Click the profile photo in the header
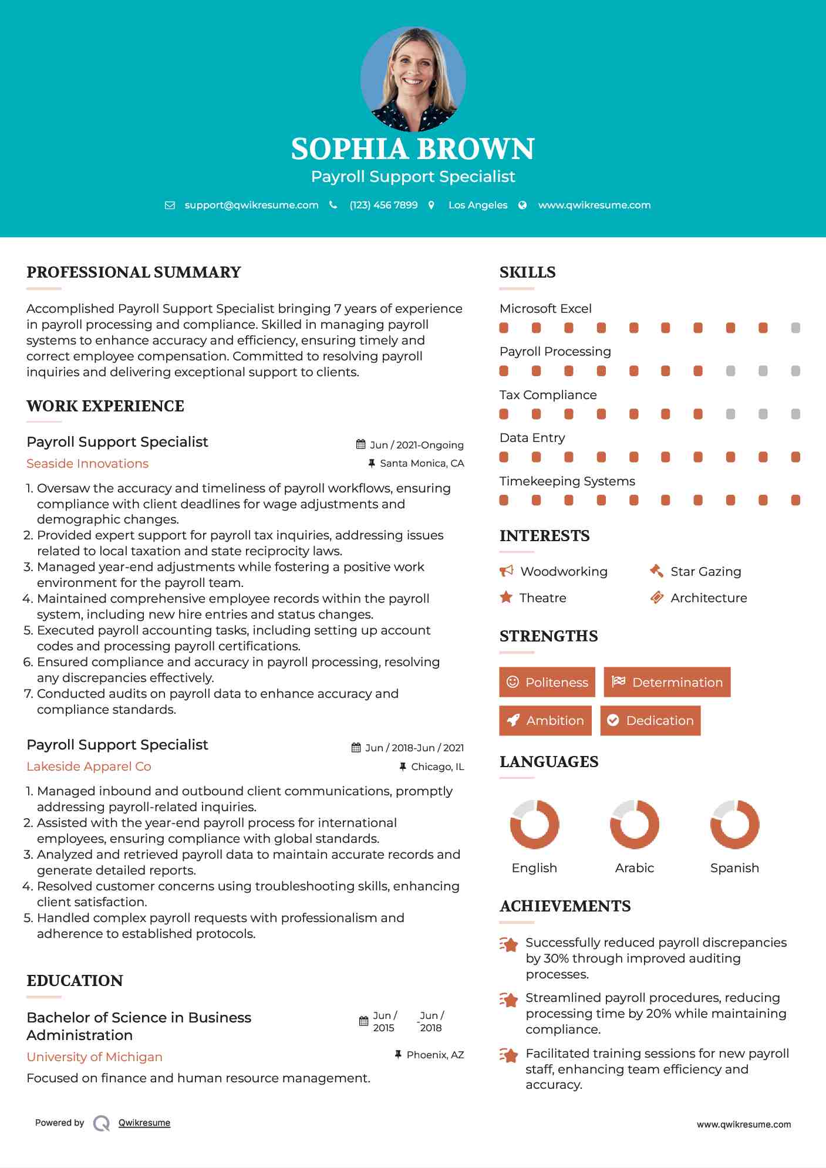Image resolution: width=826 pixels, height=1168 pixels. pos(413,79)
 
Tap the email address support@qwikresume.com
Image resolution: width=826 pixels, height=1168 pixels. pos(251,205)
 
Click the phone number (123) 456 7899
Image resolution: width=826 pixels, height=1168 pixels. pos(383,205)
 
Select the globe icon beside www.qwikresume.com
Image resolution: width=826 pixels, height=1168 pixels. pos(522,205)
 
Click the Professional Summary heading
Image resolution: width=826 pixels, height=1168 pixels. pos(134,272)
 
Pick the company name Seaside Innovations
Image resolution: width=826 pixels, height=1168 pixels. pos(87,464)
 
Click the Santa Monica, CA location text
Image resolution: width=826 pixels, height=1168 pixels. pos(422,463)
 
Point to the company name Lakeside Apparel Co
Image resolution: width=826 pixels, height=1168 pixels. pos(89,767)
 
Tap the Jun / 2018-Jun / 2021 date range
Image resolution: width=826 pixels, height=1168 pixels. pos(414,748)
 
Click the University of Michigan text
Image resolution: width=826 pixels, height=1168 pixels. pos(95,1057)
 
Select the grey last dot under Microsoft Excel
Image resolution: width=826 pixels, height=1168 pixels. pos(795,328)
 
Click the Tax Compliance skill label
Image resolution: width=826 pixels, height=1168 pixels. pos(548,395)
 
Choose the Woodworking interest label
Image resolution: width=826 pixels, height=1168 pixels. pos(564,572)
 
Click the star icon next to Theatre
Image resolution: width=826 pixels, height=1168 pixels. pos(506,597)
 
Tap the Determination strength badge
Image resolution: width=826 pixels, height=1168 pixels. pos(667,682)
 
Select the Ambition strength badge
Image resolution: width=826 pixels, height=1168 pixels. pos(545,721)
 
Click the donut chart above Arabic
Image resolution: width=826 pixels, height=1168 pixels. pos(635,824)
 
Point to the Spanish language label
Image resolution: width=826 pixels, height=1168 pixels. pos(734,868)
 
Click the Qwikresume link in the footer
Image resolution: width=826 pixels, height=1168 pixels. pos(144,1123)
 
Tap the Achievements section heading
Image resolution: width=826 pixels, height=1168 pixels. pos(565,906)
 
